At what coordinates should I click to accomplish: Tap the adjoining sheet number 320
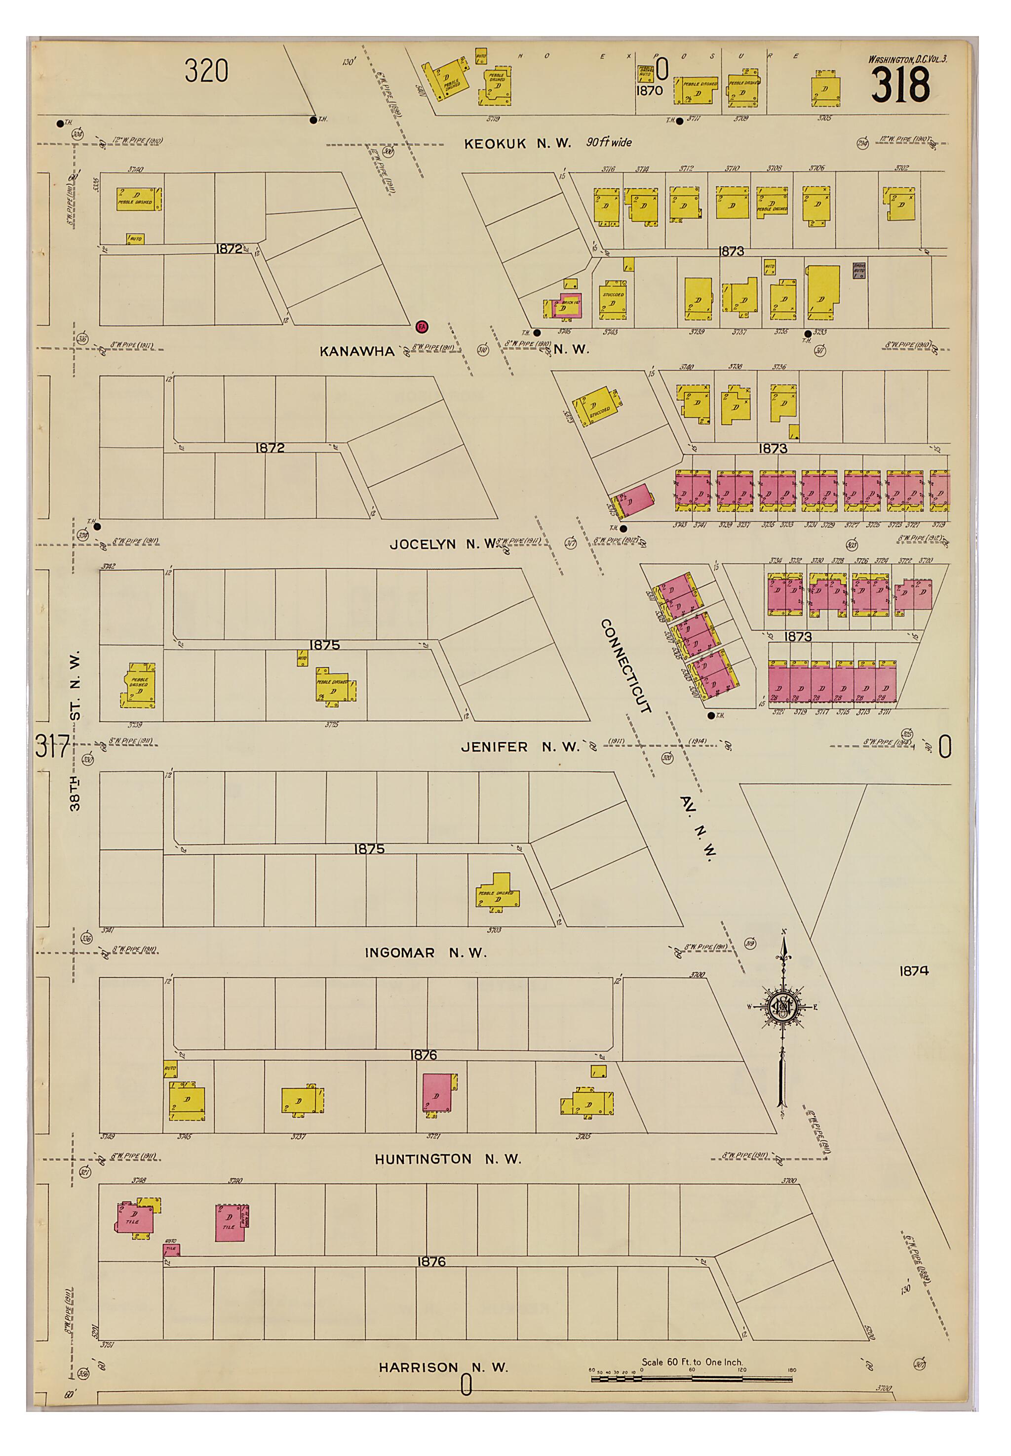(x=206, y=70)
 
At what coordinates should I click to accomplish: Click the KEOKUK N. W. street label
(x=517, y=143)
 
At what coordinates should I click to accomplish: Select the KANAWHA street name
(x=356, y=351)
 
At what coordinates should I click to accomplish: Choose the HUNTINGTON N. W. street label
(x=448, y=1160)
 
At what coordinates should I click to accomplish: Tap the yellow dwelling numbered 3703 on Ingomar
(x=498, y=892)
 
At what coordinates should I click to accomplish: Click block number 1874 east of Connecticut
(x=913, y=970)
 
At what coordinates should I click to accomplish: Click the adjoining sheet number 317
(x=52, y=746)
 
